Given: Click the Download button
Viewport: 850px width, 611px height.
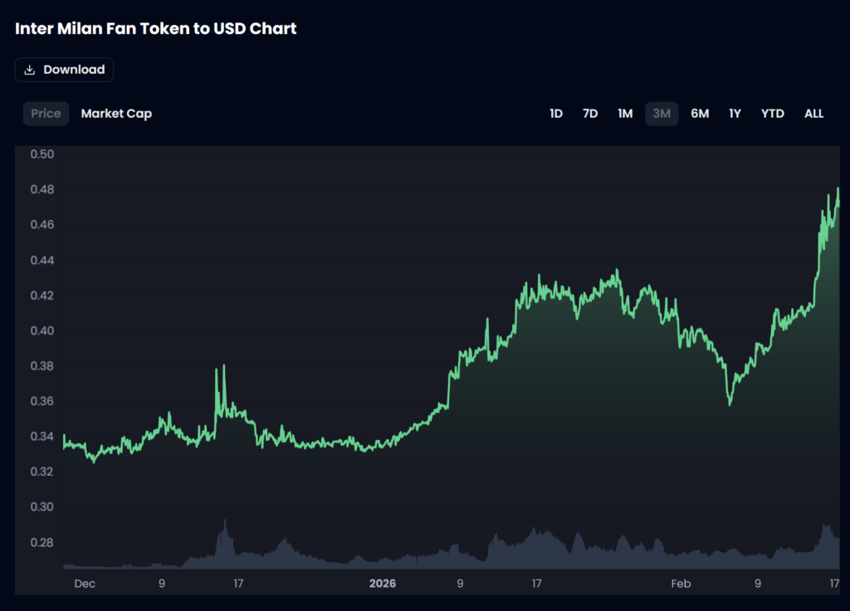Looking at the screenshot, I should tap(64, 70).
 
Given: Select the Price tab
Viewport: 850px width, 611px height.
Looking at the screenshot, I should tap(46, 114).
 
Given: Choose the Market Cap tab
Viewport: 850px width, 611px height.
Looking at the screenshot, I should tap(116, 114).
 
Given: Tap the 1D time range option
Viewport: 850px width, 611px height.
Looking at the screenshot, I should tap(556, 114).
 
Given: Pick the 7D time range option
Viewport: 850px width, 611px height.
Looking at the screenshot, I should tap(590, 114).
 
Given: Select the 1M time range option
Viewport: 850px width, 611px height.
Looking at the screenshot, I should tap(625, 114).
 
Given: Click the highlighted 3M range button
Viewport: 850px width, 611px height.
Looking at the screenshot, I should tap(662, 114).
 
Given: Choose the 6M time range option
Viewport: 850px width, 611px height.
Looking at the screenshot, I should tap(700, 114).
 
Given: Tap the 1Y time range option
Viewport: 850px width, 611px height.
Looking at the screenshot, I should tap(735, 114).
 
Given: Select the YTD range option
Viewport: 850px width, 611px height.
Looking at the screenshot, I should tap(772, 114).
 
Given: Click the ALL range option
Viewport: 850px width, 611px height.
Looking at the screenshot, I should tap(813, 114).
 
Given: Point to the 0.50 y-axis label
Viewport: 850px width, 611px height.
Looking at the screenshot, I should tap(42, 154).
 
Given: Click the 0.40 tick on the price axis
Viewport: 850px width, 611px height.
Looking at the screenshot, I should tap(42, 330).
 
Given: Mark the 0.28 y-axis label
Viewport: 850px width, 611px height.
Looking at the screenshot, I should tap(42, 542).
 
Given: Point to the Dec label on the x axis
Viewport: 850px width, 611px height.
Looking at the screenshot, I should tap(85, 584).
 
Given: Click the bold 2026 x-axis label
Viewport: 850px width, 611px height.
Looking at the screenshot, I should tap(383, 584).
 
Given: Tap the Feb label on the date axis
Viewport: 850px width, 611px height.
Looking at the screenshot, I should tap(681, 584).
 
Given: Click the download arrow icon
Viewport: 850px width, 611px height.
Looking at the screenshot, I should tap(30, 70).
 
